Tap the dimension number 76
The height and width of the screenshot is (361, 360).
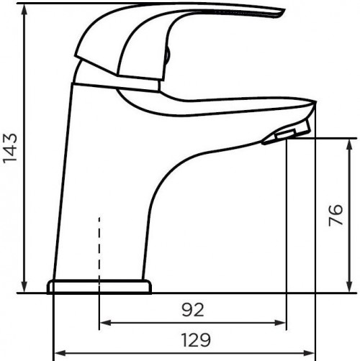(336, 215)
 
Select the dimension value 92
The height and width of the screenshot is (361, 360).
(192, 311)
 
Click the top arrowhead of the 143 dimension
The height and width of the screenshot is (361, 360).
(24, 8)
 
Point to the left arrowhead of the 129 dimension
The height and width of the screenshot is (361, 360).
(58, 352)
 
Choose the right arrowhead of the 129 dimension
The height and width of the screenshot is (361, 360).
(310, 352)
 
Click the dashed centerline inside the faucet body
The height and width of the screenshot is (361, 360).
(99, 245)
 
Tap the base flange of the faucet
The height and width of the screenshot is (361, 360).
(99, 286)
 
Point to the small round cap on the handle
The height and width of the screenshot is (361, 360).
(167, 54)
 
